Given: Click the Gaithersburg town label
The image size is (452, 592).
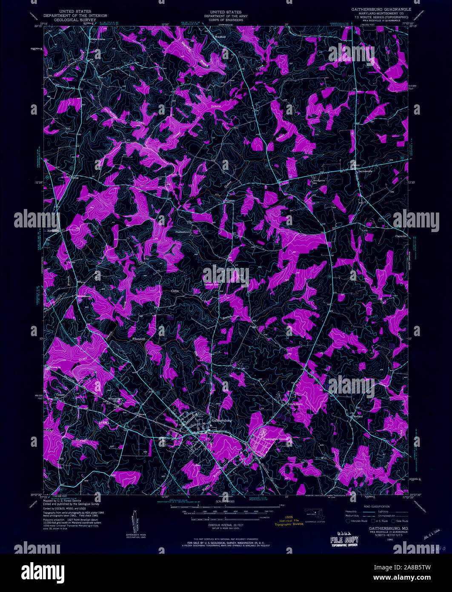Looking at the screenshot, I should click(222, 420).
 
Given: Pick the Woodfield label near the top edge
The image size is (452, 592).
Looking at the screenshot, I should click(220, 37).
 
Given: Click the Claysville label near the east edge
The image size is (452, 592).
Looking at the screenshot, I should click(401, 236).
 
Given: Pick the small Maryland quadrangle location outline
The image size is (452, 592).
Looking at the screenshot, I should click(315, 515).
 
